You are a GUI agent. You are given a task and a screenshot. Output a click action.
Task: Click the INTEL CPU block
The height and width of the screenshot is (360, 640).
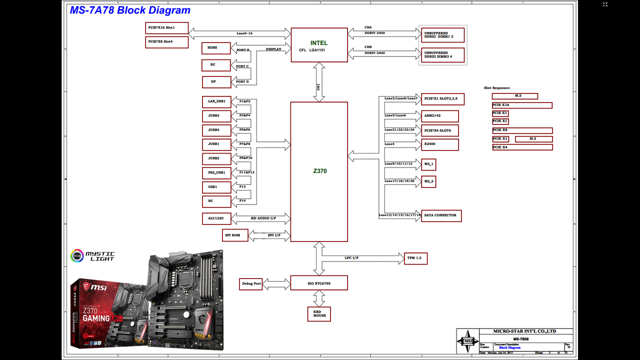coord(319,45)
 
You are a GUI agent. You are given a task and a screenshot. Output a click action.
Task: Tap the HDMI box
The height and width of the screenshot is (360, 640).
coord(216,48)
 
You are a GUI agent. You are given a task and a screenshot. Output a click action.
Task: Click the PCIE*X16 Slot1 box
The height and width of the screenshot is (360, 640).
coord(166,28)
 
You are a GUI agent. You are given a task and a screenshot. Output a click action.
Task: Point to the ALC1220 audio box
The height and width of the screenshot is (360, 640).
coord(216,218)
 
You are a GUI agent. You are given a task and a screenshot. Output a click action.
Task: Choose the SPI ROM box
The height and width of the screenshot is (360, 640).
coord(235,235)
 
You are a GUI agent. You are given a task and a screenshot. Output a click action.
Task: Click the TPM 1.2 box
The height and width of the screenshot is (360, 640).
coord(415,258)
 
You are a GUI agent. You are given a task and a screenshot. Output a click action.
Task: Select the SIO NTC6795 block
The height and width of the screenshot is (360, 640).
coord(319,283)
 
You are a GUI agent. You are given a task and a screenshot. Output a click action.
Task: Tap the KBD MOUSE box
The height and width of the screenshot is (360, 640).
coord(319,313)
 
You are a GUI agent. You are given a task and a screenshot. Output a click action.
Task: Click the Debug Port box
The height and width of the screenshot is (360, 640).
coord(251,284)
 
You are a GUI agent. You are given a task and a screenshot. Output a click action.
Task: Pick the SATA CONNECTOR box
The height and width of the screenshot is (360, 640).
coord(441,215)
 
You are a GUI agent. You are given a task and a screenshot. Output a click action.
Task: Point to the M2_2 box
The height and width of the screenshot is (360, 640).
coord(428,181)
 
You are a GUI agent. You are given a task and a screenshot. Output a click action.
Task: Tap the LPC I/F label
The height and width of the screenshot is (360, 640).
coord(351,258)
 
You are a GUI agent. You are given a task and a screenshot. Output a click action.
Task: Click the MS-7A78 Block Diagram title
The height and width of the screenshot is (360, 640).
coord(130,10)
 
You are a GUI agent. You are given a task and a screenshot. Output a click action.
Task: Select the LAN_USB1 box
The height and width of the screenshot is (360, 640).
coord(216,101)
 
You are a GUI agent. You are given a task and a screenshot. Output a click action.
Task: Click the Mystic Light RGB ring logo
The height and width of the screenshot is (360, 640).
coord(77,256)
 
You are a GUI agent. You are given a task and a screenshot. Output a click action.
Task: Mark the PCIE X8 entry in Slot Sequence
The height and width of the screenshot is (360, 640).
coord(522,130)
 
